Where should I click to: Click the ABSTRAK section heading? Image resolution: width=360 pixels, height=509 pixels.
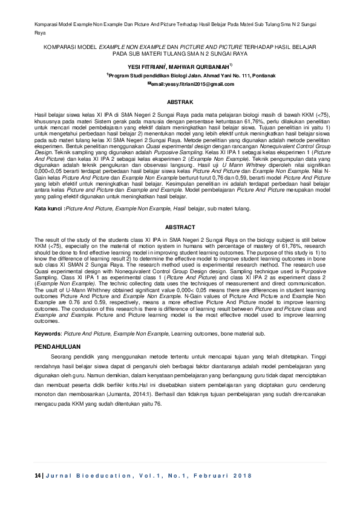[180, 103]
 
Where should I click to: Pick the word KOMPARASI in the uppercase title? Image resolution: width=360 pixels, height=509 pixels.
[62, 47]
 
